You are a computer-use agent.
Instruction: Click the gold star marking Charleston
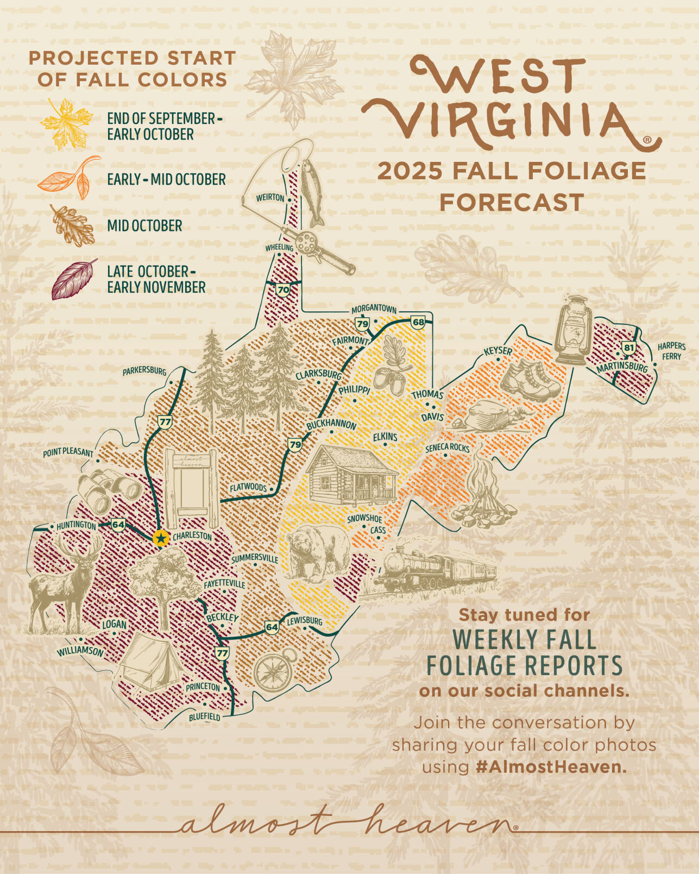[x=161, y=538]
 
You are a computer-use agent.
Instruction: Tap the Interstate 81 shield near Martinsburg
[x=628, y=348]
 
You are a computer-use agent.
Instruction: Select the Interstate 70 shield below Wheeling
[x=283, y=290]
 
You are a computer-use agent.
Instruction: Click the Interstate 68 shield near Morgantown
[x=418, y=322]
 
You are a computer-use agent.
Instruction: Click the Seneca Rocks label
[x=447, y=448]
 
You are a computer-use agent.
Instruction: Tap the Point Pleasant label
[x=68, y=452]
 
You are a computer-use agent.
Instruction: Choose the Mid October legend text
[x=144, y=226]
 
